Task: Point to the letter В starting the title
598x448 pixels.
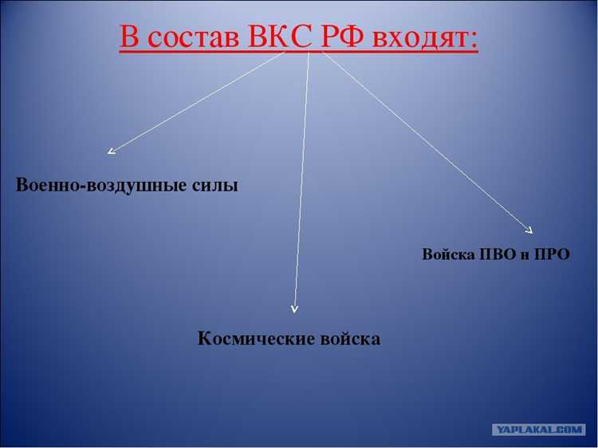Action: click(130, 37)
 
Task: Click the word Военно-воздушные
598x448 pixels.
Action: click(101, 186)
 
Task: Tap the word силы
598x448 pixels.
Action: click(215, 186)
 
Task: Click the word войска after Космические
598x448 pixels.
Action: click(349, 339)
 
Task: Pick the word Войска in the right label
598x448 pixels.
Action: click(448, 255)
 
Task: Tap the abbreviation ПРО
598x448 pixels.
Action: click(553, 255)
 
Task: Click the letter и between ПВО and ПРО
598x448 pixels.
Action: click(526, 256)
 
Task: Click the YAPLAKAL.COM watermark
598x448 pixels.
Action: click(539, 429)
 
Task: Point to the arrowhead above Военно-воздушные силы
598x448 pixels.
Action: click(111, 150)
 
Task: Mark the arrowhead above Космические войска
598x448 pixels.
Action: click(295, 308)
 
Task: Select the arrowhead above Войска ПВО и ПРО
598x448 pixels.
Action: click(529, 230)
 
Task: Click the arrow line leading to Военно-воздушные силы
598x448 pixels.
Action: click(199, 99)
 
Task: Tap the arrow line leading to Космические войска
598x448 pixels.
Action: click(302, 175)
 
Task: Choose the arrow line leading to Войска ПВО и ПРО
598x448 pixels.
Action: click(423, 140)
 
